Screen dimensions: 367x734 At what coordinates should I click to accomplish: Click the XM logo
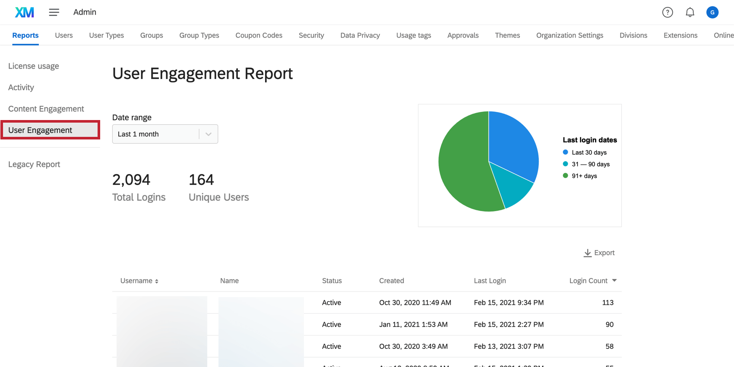tap(24, 12)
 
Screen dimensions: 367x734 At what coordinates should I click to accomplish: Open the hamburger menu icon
tap(54, 12)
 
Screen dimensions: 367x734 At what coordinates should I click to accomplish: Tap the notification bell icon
tap(690, 12)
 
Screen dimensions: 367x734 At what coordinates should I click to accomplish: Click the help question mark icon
tap(668, 12)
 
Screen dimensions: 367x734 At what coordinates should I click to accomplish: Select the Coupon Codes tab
tap(259, 35)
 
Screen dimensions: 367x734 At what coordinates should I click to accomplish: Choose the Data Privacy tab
tap(360, 35)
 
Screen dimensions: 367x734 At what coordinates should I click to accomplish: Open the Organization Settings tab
tap(569, 35)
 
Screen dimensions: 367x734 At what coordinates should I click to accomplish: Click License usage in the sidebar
tap(34, 66)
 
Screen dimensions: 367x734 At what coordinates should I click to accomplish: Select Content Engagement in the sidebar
tap(46, 109)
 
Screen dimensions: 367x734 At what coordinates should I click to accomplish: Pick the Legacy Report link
tap(34, 165)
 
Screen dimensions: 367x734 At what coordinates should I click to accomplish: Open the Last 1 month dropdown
tap(165, 134)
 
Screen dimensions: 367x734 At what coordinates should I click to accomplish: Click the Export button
tap(599, 253)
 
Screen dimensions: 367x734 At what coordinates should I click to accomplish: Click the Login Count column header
tap(592, 281)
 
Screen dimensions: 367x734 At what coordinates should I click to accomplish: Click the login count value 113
tap(607, 303)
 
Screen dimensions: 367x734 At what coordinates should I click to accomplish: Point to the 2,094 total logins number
tap(131, 180)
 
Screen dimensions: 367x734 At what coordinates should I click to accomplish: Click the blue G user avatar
tap(712, 12)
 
